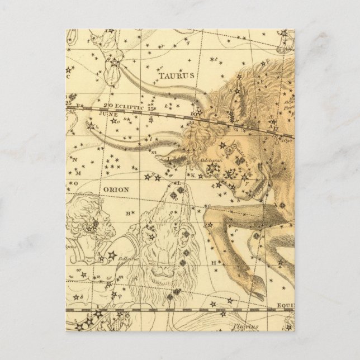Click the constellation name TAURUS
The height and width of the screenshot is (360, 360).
[176, 74]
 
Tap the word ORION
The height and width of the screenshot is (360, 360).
[116, 190]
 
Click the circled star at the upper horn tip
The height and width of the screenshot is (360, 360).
[115, 63]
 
